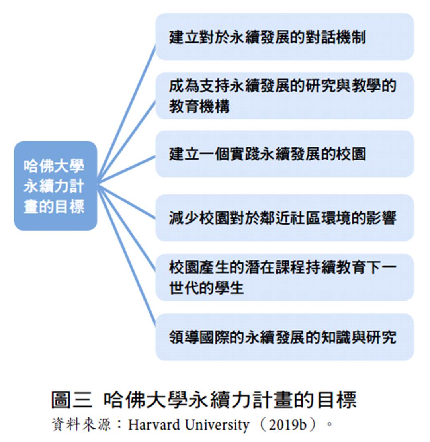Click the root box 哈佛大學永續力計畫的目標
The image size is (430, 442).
[x=55, y=186]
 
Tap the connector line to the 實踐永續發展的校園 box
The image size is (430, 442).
[x=127, y=170]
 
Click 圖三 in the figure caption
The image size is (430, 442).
[x=72, y=400]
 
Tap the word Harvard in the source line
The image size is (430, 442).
[x=154, y=424]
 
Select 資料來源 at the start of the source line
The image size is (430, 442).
[x=81, y=424]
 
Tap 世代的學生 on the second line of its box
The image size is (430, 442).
[x=207, y=288]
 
